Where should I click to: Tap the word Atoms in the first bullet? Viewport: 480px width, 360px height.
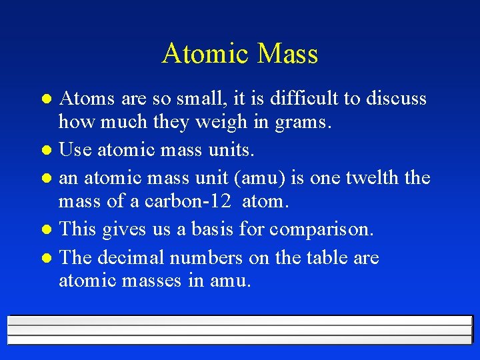click(87, 99)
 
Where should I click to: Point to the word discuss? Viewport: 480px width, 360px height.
click(394, 99)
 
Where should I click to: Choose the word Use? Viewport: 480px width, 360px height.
click(75, 151)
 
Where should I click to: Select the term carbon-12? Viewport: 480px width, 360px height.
click(193, 201)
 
